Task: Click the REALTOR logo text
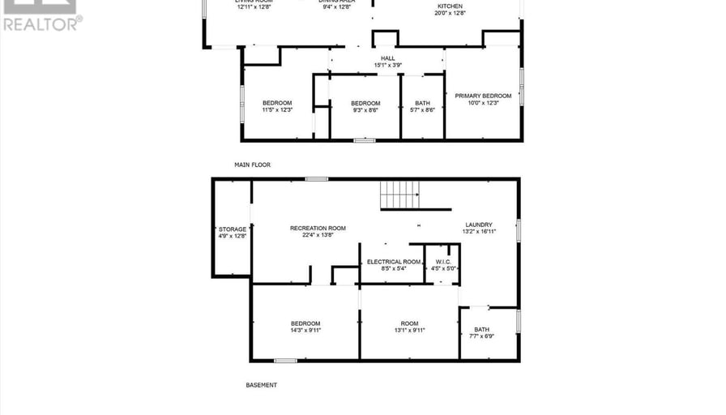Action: [41, 24]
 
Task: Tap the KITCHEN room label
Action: [450, 6]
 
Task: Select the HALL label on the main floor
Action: [388, 58]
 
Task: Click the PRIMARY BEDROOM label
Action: [483, 96]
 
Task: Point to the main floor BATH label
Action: [422, 103]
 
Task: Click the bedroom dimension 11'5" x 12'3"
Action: [276, 109]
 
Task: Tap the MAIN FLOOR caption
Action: [252, 165]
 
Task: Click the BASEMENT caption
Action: [261, 385]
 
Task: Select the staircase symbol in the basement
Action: [400, 195]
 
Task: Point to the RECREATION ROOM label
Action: [318, 229]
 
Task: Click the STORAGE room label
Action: [232, 229]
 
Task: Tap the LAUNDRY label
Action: [479, 225]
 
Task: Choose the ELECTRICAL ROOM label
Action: [394, 262]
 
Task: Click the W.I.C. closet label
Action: [442, 262]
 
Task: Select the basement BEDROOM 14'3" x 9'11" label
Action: [305, 323]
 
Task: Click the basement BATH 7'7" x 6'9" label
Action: [482, 329]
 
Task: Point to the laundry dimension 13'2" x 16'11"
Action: [479, 231]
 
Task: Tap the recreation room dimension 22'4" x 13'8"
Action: [318, 235]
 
